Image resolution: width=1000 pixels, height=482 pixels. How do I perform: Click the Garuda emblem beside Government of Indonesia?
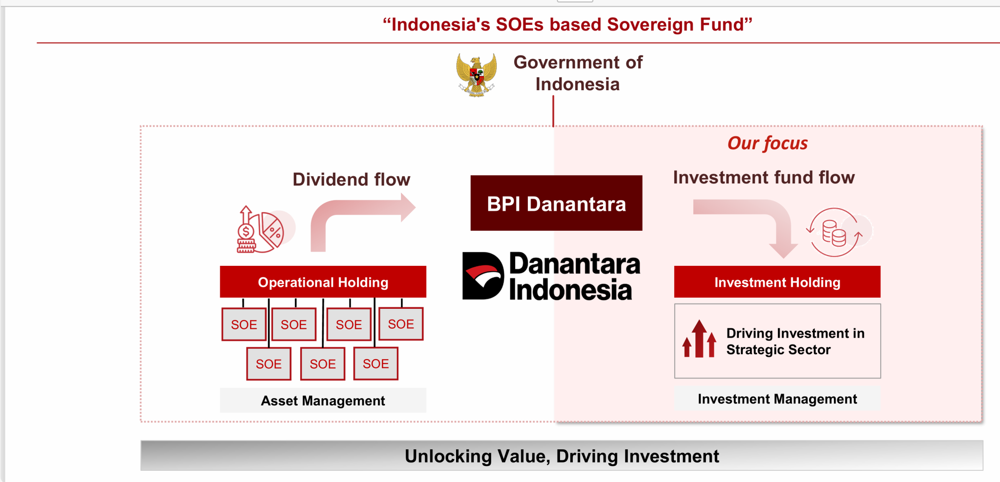point(477,75)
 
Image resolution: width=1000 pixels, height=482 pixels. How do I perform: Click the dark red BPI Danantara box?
point(556,203)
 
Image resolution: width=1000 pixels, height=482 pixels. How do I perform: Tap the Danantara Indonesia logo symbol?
point(482,276)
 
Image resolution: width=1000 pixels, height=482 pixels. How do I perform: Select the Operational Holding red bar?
point(323,282)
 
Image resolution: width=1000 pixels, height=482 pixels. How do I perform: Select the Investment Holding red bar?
point(777,282)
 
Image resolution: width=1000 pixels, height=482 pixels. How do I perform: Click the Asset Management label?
point(323,401)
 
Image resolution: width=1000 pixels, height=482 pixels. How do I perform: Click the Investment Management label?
point(777,399)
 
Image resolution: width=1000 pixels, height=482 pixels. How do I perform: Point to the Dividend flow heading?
point(351,180)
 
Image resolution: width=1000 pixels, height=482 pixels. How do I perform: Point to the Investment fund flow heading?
point(764,178)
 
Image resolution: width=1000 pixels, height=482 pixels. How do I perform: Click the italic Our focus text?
point(767,143)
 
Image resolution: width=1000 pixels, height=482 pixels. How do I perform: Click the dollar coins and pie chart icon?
point(261,229)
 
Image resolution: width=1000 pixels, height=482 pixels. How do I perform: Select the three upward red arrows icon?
point(699,340)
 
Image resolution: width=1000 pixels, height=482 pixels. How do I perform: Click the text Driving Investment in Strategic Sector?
point(795,341)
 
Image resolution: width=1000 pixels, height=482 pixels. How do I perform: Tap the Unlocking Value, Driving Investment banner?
point(562,456)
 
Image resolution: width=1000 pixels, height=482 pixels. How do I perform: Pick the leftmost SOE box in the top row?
point(244,324)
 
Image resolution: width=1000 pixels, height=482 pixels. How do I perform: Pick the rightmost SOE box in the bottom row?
point(375,363)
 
